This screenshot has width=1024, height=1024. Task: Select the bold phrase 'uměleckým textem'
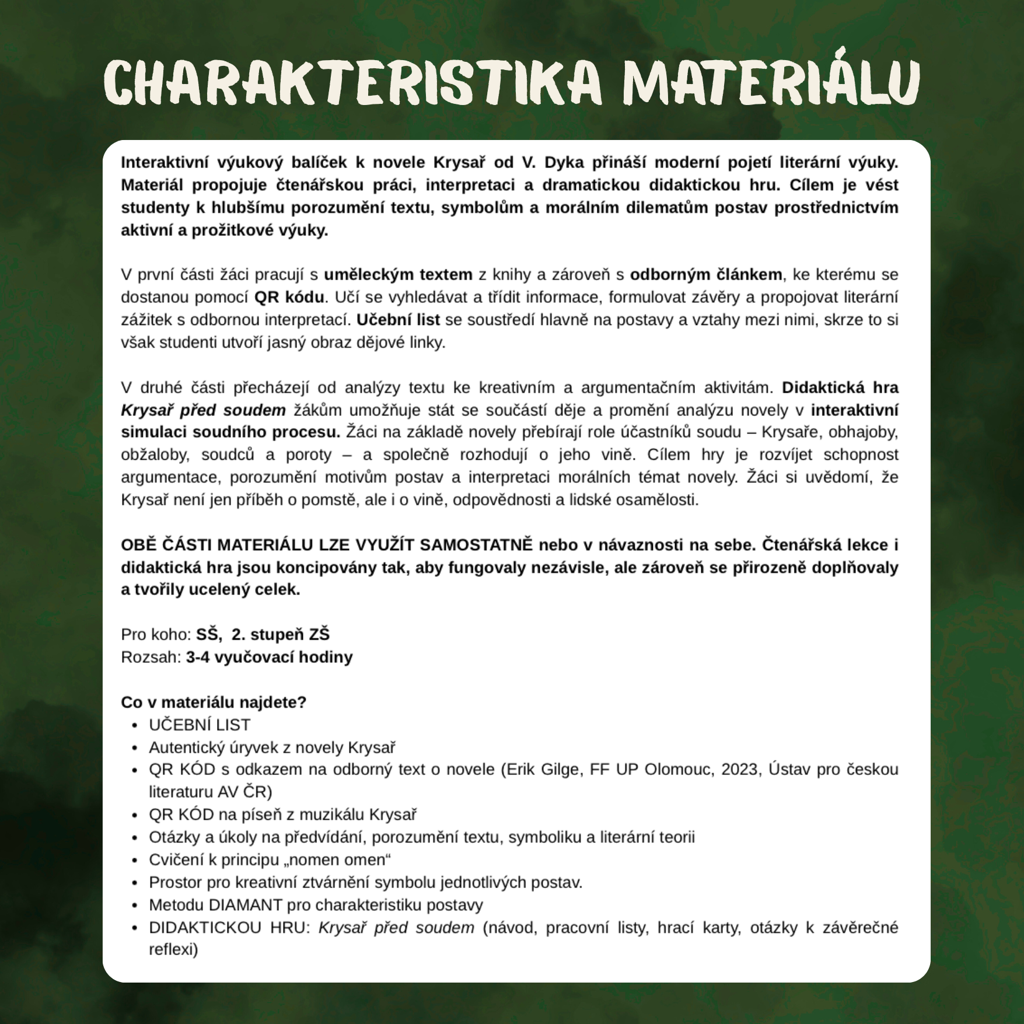398,274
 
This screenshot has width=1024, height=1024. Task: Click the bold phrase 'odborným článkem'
706,274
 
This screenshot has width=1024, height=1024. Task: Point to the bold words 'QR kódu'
289,297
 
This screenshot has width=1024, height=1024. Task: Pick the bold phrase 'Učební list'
398,320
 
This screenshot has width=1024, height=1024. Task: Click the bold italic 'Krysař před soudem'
203,410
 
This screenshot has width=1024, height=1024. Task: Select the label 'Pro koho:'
156,634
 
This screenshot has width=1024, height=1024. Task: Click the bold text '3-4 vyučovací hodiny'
269,657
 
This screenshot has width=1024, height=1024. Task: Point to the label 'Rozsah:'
151,657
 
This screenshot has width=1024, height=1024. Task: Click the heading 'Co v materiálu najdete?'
214,702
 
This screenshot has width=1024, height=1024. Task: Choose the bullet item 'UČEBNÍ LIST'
200,725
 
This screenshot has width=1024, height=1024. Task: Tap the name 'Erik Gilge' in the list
545,770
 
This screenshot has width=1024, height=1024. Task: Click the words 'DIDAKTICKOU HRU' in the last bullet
228,928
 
